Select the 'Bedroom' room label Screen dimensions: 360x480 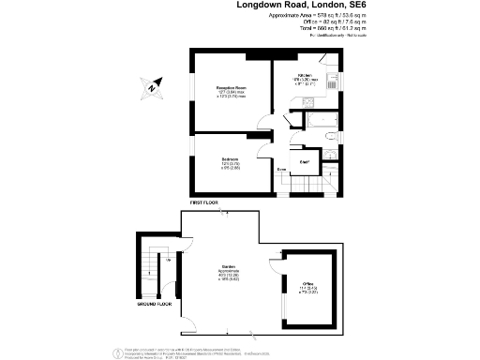230,157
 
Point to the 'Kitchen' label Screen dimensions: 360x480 306,75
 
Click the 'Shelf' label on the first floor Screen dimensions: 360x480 305,162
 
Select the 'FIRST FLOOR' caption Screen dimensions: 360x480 203,202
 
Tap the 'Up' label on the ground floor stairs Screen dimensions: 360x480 150,273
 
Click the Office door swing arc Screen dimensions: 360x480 275,264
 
